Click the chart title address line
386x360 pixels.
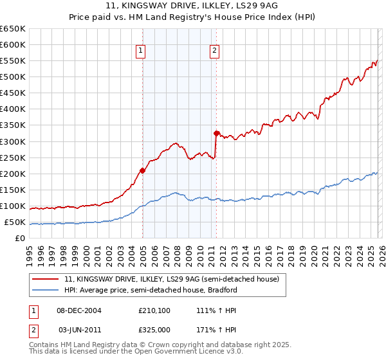point(193,5)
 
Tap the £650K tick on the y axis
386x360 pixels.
point(13,29)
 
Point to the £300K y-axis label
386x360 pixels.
point(13,141)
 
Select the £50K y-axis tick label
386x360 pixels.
point(15,222)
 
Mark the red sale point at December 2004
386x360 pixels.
point(142,170)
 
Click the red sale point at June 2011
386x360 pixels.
point(216,133)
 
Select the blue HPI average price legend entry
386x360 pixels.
point(154,291)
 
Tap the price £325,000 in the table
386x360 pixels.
point(155,329)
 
